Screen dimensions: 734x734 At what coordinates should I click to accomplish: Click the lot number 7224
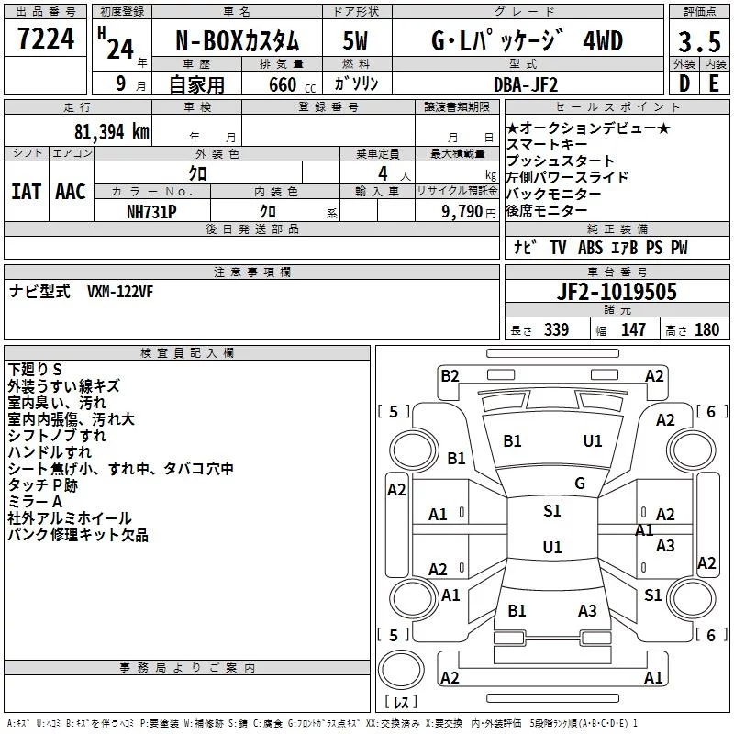46,38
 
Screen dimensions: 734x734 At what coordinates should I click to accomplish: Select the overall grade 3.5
699,41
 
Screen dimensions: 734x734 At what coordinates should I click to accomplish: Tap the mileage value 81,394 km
111,132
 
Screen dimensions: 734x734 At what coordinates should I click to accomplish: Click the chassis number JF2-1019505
617,291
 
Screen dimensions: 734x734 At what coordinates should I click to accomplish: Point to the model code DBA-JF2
526,84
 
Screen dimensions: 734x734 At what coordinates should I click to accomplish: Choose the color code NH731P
151,212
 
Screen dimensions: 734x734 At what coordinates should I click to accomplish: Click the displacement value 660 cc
292,84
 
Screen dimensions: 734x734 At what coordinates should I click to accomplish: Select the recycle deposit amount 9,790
462,211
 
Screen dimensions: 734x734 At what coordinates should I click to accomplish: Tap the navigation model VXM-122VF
120,292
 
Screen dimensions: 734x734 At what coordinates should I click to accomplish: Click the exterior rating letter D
684,83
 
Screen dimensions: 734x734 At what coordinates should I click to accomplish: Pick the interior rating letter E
714,83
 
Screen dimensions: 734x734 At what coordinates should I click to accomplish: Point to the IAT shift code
26,192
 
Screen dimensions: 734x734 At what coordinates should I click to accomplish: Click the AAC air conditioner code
71,192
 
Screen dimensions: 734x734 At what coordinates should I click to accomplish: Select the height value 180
706,329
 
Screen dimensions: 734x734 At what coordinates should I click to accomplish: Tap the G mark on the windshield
580,484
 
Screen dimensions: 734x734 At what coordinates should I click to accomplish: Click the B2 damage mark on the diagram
450,376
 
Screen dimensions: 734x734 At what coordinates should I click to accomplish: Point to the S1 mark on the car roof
552,511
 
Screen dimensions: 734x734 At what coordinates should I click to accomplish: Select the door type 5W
355,40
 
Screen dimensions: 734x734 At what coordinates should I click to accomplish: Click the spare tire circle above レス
401,669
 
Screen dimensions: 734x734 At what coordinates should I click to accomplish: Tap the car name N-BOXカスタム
237,41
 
